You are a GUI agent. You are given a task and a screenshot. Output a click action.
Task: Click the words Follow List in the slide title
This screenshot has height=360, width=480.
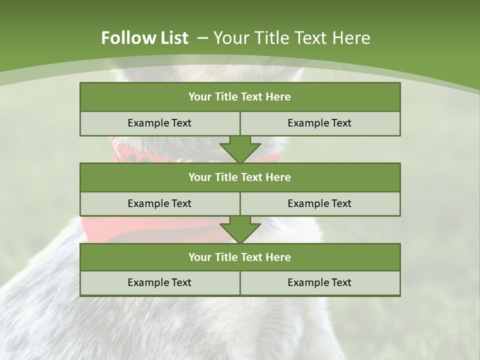[x=144, y=38]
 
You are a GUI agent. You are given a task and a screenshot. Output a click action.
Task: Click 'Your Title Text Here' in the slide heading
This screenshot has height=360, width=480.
[x=292, y=38]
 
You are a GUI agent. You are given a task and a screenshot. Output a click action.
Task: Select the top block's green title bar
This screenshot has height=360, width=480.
[x=240, y=97]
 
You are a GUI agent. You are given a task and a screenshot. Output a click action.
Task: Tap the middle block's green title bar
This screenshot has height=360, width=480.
[x=240, y=177]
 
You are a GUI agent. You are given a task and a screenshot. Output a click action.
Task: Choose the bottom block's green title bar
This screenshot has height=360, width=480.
[x=240, y=257]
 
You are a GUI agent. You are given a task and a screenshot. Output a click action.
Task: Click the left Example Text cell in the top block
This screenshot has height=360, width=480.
[x=159, y=123]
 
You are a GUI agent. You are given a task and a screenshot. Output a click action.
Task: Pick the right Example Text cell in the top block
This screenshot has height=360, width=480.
[x=319, y=123]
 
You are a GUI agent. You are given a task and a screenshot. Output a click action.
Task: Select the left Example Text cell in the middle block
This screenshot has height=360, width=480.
[x=159, y=203]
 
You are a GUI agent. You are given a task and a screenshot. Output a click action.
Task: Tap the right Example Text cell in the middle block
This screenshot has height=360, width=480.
[x=319, y=203]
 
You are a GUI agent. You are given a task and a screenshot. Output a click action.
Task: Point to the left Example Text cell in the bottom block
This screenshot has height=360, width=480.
[x=159, y=283]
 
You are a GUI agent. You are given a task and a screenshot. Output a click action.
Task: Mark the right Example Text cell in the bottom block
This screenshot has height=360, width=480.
[x=319, y=283]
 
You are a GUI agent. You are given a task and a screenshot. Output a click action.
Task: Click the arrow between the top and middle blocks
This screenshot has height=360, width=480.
[x=240, y=149]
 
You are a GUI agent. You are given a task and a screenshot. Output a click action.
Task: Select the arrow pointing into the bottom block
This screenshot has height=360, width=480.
[x=240, y=229]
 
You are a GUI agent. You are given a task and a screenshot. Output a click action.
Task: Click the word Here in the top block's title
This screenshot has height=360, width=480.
[x=278, y=97]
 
